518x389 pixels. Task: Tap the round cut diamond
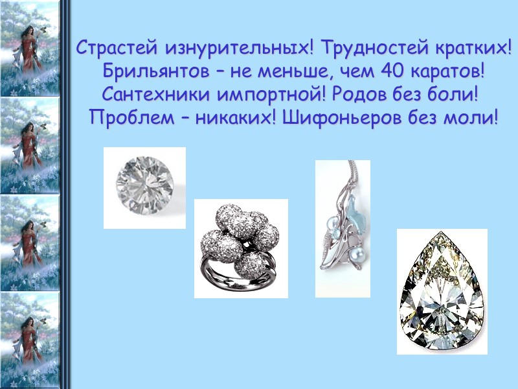click(144, 187)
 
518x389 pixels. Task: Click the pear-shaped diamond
click(442, 292)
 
